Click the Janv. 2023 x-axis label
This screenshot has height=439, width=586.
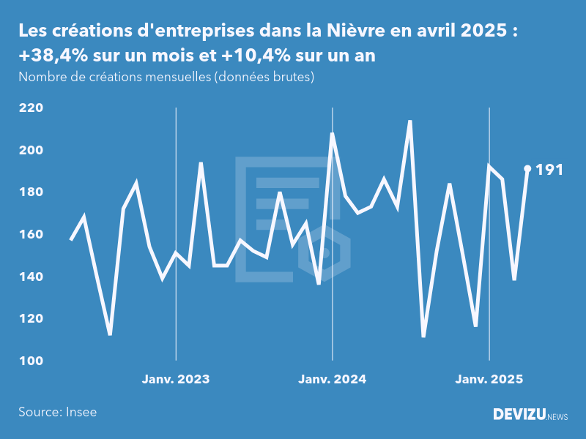[x=176, y=379]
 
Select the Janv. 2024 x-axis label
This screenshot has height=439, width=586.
[x=333, y=379]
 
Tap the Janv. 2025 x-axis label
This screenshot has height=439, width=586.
[x=489, y=379]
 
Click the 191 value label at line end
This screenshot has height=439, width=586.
[x=549, y=170]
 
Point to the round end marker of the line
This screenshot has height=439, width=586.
[x=527, y=168]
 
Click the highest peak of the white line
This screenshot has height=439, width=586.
[x=410, y=121]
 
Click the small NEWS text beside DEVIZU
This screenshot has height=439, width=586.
[x=557, y=416]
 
